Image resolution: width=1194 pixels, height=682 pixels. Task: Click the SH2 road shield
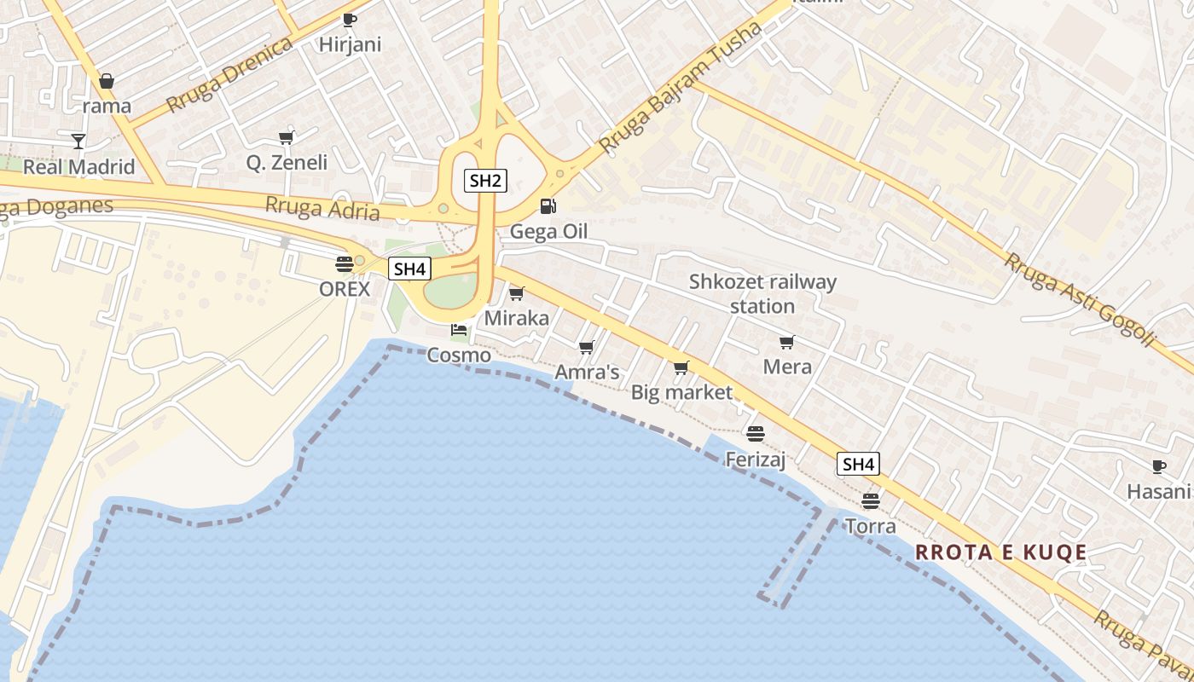pos(486,180)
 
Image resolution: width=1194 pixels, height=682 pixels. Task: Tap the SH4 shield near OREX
pos(409,269)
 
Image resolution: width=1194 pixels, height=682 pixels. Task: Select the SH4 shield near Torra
pos(858,464)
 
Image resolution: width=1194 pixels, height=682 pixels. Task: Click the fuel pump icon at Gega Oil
pos(548,206)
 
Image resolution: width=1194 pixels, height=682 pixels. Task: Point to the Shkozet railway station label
pos(762,293)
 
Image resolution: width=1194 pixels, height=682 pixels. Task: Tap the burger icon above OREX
pos(345,263)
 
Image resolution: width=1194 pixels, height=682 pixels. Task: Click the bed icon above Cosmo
pos(459,329)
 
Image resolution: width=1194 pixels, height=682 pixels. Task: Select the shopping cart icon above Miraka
pos(516,294)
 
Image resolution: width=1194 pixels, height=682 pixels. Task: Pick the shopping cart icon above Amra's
pos(586,347)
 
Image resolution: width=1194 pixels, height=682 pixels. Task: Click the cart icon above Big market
pos(681,368)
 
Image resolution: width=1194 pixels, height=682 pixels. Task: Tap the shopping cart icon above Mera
pos(786,343)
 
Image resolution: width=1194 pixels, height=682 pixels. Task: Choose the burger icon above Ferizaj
pos(755,433)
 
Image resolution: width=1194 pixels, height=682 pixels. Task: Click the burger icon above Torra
pos(870,500)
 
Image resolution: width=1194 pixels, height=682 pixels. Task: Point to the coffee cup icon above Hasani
pos(1158,466)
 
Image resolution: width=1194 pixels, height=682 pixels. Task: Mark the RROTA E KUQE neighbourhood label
pos(1000,552)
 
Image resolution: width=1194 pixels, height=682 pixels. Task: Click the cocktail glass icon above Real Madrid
pos(78,141)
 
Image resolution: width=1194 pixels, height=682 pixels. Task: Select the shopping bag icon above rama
pos(107,81)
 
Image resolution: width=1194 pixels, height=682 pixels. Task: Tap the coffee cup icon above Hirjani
pos(349,20)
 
